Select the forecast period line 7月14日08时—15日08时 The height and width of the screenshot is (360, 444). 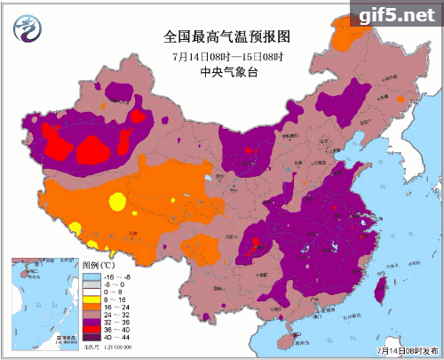coord(221,55)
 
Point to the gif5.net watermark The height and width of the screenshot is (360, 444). coord(395,14)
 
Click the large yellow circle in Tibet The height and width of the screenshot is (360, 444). coord(117,201)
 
